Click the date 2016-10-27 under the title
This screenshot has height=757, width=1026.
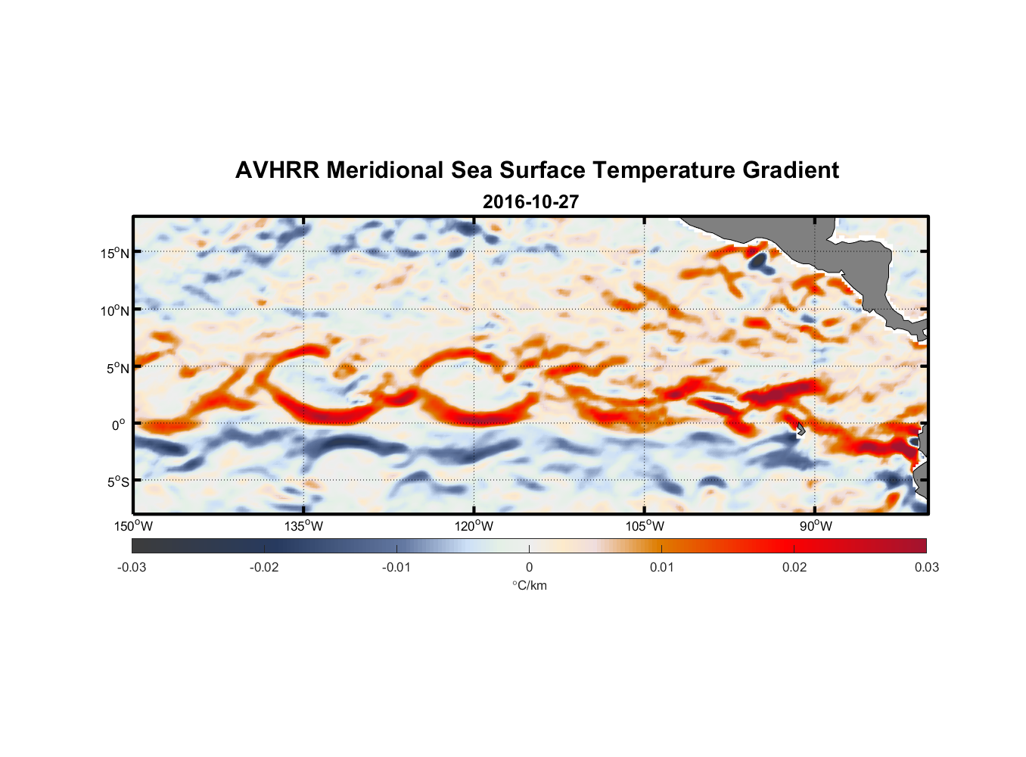(x=530, y=202)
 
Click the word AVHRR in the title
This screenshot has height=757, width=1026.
(x=276, y=170)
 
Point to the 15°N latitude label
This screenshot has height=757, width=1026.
(x=115, y=253)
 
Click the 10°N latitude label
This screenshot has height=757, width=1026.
(x=115, y=310)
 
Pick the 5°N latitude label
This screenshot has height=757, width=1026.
(x=118, y=368)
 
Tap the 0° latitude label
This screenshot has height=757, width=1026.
(x=119, y=425)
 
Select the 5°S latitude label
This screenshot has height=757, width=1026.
(x=118, y=481)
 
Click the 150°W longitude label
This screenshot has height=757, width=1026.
(x=134, y=526)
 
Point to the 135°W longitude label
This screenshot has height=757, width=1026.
(x=304, y=526)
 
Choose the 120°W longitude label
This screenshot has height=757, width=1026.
(x=474, y=526)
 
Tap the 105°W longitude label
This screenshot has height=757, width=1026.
(x=645, y=526)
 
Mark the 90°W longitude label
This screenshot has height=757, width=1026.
(x=816, y=526)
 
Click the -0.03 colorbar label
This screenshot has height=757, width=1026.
(x=132, y=567)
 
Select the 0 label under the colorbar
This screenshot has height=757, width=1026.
(x=529, y=567)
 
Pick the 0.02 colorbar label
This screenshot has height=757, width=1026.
(x=794, y=567)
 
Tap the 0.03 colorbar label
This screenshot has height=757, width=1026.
(x=926, y=567)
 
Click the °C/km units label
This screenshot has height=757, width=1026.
(x=530, y=585)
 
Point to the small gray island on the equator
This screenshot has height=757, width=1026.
(x=801, y=429)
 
